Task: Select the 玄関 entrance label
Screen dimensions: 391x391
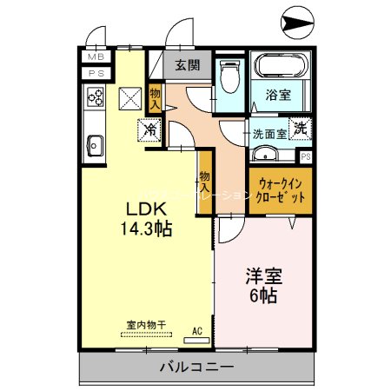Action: click(185, 64)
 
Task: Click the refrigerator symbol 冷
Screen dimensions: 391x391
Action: click(151, 132)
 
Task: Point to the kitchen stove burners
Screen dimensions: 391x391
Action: click(95, 98)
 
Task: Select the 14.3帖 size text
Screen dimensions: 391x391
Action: click(145, 230)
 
